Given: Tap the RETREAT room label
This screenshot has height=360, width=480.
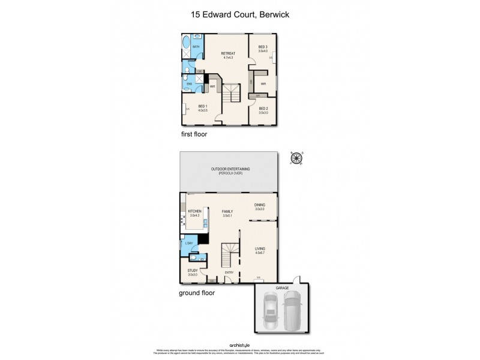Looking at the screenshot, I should click(x=228, y=53).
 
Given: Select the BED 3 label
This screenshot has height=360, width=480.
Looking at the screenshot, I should click(x=263, y=47).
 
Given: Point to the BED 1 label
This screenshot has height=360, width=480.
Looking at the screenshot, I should click(x=203, y=107).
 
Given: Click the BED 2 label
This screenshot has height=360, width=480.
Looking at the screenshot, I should click(x=263, y=109).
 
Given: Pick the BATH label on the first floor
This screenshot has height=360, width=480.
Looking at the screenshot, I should click(x=195, y=46).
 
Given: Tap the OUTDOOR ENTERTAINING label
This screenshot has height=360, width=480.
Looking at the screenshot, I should click(x=230, y=169).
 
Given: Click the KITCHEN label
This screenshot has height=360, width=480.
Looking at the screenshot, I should click(x=194, y=211).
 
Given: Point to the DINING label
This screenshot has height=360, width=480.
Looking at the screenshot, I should click(x=259, y=205).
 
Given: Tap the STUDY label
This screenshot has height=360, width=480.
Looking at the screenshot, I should click(x=192, y=271).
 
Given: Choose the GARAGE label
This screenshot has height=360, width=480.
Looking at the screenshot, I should click(x=282, y=289).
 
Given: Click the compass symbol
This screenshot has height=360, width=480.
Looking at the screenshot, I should click(x=295, y=158).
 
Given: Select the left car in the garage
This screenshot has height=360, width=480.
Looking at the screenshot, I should click(x=271, y=311).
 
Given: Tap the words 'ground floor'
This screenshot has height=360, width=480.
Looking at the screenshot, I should click(x=197, y=293).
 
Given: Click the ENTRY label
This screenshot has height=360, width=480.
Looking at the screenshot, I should click(x=229, y=273).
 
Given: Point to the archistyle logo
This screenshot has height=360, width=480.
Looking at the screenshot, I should click(x=239, y=344).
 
